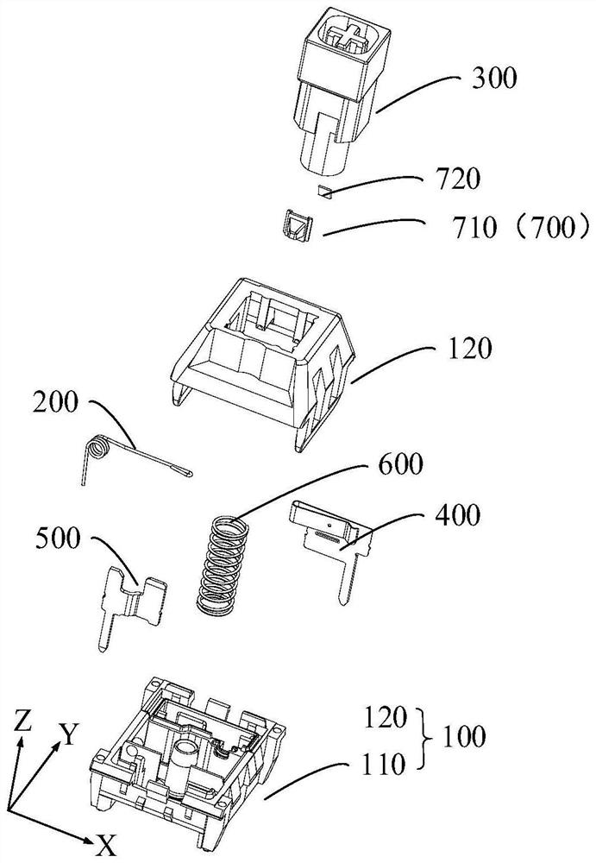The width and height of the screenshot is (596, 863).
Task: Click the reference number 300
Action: (494, 77)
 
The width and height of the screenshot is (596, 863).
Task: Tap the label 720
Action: (457, 179)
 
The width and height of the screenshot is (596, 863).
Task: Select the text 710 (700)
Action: (518, 227)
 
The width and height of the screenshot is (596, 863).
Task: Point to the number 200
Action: (55, 403)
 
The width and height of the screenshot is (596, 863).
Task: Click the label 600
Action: (400, 464)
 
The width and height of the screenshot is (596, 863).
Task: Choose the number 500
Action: (59, 539)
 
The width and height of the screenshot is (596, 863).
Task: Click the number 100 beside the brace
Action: (463, 737)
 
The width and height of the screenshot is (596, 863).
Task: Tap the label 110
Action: (383, 765)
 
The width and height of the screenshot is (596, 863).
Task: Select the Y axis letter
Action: (68, 734)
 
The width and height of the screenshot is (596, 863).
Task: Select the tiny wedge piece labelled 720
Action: (324, 191)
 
